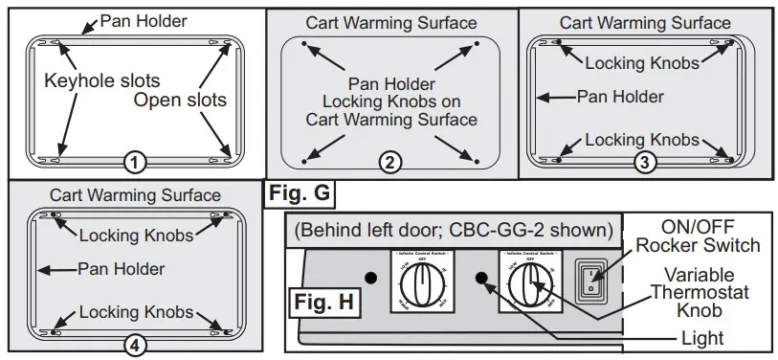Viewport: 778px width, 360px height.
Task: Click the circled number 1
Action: coord(135,163)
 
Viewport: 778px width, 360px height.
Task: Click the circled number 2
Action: coord(389,162)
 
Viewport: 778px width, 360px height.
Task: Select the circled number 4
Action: coord(135,345)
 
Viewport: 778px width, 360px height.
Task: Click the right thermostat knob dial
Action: coord(527,281)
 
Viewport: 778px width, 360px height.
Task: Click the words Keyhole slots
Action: coord(102,81)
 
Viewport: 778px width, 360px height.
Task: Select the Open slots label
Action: coord(180,100)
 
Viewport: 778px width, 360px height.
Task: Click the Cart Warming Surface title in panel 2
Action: coord(389,21)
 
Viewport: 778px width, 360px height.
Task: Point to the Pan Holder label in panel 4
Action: coord(121,269)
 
